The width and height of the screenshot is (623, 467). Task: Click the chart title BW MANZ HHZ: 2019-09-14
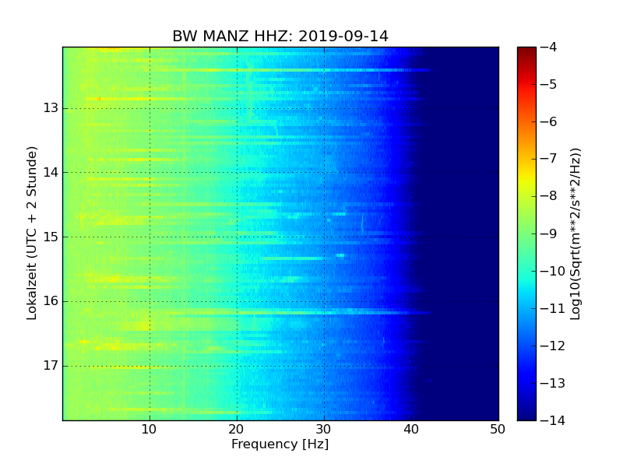280,37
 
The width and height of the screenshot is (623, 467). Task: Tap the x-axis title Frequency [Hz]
280,444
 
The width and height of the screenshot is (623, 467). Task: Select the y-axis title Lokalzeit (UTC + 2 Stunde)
32,233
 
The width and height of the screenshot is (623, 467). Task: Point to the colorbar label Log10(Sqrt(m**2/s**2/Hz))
575,233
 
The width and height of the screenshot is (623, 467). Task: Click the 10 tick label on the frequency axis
150,429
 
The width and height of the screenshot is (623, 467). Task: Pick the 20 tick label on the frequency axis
237,429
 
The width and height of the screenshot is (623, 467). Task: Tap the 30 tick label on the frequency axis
324,429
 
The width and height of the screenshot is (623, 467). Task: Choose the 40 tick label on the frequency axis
411,429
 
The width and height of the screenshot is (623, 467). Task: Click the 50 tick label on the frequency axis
498,429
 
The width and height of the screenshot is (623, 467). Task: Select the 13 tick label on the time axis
50,108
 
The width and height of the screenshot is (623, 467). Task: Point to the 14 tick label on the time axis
50,173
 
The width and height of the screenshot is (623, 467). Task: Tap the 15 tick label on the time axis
50,237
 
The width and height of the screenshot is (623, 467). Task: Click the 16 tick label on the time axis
50,301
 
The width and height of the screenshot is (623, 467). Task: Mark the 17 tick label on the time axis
50,366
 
